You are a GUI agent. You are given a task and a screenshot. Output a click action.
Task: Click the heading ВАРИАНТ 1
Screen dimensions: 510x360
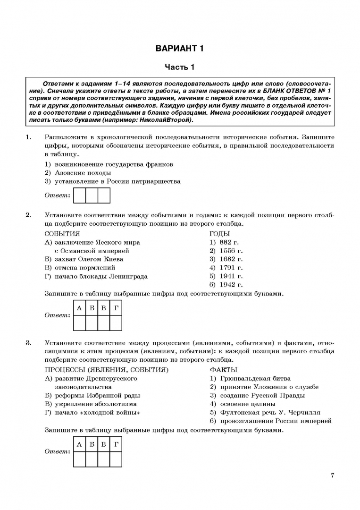179,48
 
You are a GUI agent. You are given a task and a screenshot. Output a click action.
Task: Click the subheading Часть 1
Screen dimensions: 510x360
179,68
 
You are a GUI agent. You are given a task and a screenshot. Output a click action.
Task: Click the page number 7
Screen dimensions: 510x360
333,475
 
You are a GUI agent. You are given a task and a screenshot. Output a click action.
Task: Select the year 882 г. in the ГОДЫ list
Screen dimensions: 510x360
226,242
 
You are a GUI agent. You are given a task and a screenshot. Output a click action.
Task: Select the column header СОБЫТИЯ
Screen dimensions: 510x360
62,234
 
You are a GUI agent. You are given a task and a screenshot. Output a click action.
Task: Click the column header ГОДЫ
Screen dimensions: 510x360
219,234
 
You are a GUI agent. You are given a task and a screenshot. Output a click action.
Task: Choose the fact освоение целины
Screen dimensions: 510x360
243,404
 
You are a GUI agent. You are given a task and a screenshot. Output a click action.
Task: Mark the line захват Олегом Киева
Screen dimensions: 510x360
84,259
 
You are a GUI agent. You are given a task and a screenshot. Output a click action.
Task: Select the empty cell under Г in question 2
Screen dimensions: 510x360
116,323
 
